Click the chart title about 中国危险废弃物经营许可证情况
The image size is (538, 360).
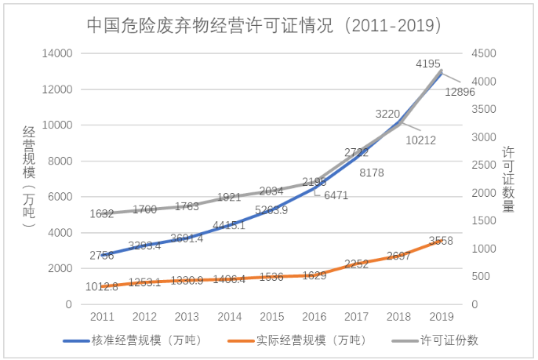[269, 24]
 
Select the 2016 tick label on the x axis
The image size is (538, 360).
[313, 318]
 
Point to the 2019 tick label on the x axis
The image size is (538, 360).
[441, 318]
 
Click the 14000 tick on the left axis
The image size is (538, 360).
[57, 53]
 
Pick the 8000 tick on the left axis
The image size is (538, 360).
[60, 161]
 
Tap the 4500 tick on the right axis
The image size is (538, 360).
[484, 53]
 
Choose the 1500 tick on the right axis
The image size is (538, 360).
[484, 220]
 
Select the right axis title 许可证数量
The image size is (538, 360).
[509, 180]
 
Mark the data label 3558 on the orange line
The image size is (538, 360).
[442, 240]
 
